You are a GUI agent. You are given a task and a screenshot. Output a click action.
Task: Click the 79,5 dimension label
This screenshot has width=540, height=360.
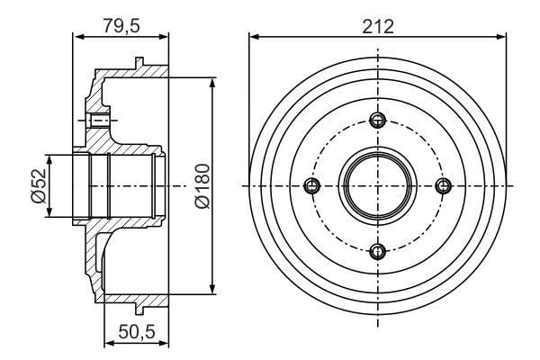tap(121, 25)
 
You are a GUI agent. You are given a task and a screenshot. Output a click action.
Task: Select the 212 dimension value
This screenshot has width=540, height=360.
tap(378, 26)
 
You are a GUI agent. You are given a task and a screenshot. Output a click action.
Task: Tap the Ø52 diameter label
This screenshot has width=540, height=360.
tap(38, 185)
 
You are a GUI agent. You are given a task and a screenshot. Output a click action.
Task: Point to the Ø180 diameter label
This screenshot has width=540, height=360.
tap(202, 186)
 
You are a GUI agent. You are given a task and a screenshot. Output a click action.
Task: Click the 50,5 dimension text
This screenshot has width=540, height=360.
tap(137, 332)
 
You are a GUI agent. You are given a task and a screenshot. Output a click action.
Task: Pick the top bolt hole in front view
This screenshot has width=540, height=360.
tap(378, 120)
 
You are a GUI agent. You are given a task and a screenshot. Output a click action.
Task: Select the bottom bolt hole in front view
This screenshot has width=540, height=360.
tap(378, 251)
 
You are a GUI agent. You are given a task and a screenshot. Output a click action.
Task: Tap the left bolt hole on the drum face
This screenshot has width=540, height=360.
tap(312, 186)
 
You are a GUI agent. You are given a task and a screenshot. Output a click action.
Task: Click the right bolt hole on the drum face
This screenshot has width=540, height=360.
tap(444, 186)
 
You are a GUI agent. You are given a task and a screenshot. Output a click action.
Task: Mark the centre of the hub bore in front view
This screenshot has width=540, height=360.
tap(378, 186)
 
